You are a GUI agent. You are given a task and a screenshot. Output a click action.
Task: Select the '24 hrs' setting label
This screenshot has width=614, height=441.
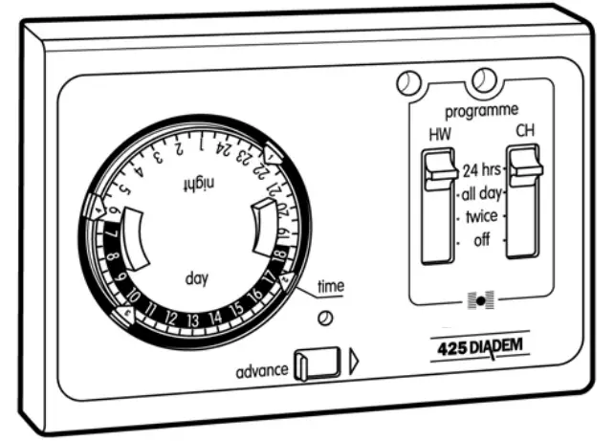pyautogui.click(x=482, y=172)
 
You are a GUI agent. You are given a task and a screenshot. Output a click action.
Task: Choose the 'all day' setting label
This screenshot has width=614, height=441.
pyautogui.click(x=482, y=194)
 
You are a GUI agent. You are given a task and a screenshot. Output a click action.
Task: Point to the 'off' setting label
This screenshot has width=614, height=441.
pyautogui.click(x=481, y=239)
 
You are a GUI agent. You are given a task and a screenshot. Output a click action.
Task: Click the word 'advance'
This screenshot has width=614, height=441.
pyautogui.click(x=261, y=369)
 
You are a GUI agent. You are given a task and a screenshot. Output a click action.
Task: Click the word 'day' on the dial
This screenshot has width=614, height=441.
pyautogui.click(x=196, y=279)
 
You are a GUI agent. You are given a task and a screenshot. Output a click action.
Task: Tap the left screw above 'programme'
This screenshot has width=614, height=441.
pyautogui.click(x=408, y=84)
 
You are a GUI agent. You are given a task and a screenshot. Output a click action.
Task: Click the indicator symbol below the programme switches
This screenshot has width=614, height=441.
pyautogui.click(x=480, y=302)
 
